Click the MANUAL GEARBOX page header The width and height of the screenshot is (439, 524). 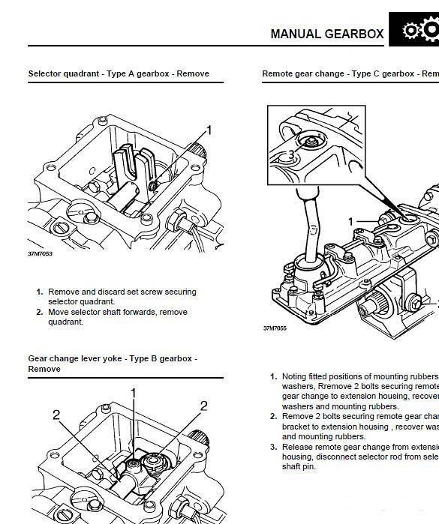[x=326, y=34]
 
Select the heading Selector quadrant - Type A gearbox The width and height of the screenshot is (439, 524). [x=119, y=74]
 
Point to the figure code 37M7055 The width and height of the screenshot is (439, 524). [x=275, y=328]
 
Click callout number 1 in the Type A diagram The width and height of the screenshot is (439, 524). [x=209, y=130]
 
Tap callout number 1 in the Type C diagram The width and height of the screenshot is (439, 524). [x=350, y=222]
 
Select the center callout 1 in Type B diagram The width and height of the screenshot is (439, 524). [x=134, y=393]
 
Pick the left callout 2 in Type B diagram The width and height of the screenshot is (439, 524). [x=56, y=415]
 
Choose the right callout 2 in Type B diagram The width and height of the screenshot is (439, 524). [x=203, y=406]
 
